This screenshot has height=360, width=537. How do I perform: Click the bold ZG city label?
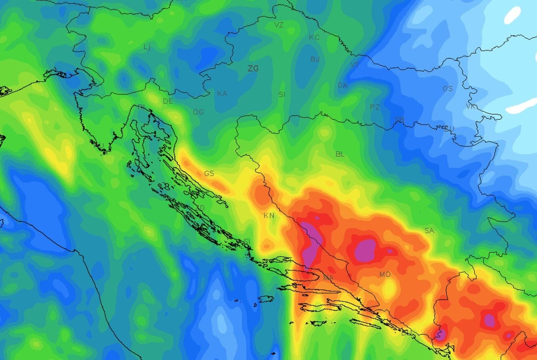[x=253, y=69]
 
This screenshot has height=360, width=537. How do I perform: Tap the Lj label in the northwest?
[x=147, y=47]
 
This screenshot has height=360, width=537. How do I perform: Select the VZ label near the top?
[x=279, y=25]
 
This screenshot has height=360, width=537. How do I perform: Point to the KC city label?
[x=314, y=38]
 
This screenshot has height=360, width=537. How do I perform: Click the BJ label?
[x=315, y=59]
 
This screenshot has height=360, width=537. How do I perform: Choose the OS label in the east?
[x=447, y=89]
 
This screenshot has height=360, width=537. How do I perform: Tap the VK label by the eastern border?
[x=470, y=107]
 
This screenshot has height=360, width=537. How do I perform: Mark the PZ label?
[x=375, y=107]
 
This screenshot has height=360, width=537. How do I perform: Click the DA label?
[x=342, y=86]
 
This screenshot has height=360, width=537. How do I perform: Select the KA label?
[x=222, y=93]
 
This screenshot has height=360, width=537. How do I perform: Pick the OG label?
[x=198, y=112]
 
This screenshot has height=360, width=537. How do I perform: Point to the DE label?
[x=167, y=101]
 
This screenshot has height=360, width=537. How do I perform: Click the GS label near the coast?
[x=209, y=174]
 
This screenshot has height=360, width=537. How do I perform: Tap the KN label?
[x=268, y=215]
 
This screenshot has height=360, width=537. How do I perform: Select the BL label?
[x=340, y=154]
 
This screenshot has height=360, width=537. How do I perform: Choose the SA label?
[x=429, y=231]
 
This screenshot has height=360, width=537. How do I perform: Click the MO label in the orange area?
[x=385, y=274]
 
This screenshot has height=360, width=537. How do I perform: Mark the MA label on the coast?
[x=328, y=277]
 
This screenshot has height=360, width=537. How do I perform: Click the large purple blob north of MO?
[x=365, y=249]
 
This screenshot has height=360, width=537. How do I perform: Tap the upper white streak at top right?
[x=512, y=15]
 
